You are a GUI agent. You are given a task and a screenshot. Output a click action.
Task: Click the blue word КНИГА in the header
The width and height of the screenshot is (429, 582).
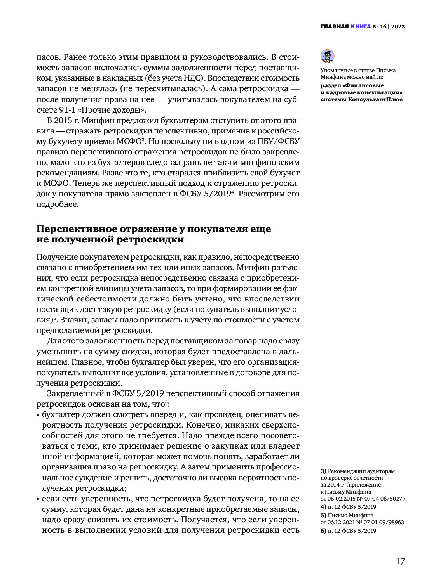click(360, 27)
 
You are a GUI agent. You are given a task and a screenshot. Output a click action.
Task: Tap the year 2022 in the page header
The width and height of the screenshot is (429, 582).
click(398, 27)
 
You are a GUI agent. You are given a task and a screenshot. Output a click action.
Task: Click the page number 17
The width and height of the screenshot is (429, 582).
click(400, 561)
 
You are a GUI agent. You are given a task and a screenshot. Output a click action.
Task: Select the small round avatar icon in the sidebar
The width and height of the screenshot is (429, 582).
click(327, 57)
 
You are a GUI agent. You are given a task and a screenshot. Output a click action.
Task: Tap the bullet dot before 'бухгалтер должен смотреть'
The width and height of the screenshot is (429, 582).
click(38, 415)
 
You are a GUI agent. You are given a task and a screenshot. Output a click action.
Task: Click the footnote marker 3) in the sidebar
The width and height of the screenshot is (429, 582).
click(323, 471)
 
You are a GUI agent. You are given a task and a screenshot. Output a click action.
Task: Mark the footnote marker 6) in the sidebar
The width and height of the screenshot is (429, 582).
click(323, 531)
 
